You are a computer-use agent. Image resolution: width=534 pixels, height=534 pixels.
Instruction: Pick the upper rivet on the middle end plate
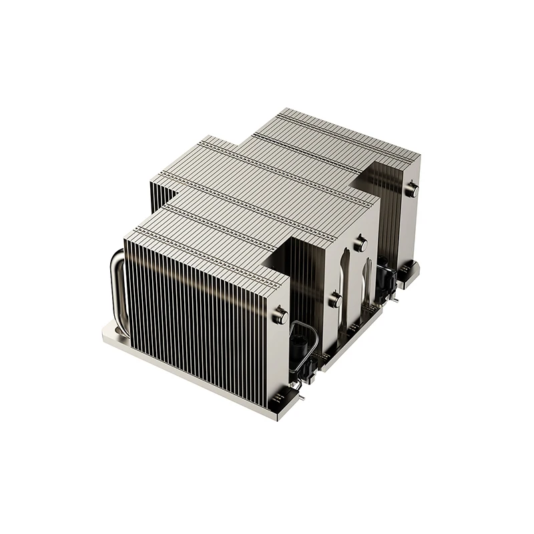click(x=361, y=244)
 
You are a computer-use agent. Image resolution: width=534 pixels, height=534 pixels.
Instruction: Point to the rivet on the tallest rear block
click(x=411, y=188)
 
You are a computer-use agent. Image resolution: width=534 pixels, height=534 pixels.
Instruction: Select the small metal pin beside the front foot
click(x=304, y=399)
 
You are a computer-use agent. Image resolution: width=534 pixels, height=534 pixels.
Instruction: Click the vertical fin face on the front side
click(x=200, y=314)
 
